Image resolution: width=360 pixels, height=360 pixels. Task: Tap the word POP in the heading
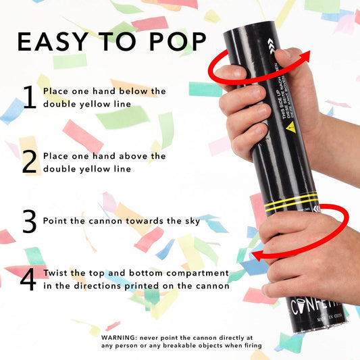tap(176, 42)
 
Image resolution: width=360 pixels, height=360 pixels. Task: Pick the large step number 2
tap(29, 161)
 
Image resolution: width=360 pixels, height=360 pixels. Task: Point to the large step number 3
tap(29, 221)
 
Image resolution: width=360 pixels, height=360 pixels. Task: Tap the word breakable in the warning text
tap(175, 346)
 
